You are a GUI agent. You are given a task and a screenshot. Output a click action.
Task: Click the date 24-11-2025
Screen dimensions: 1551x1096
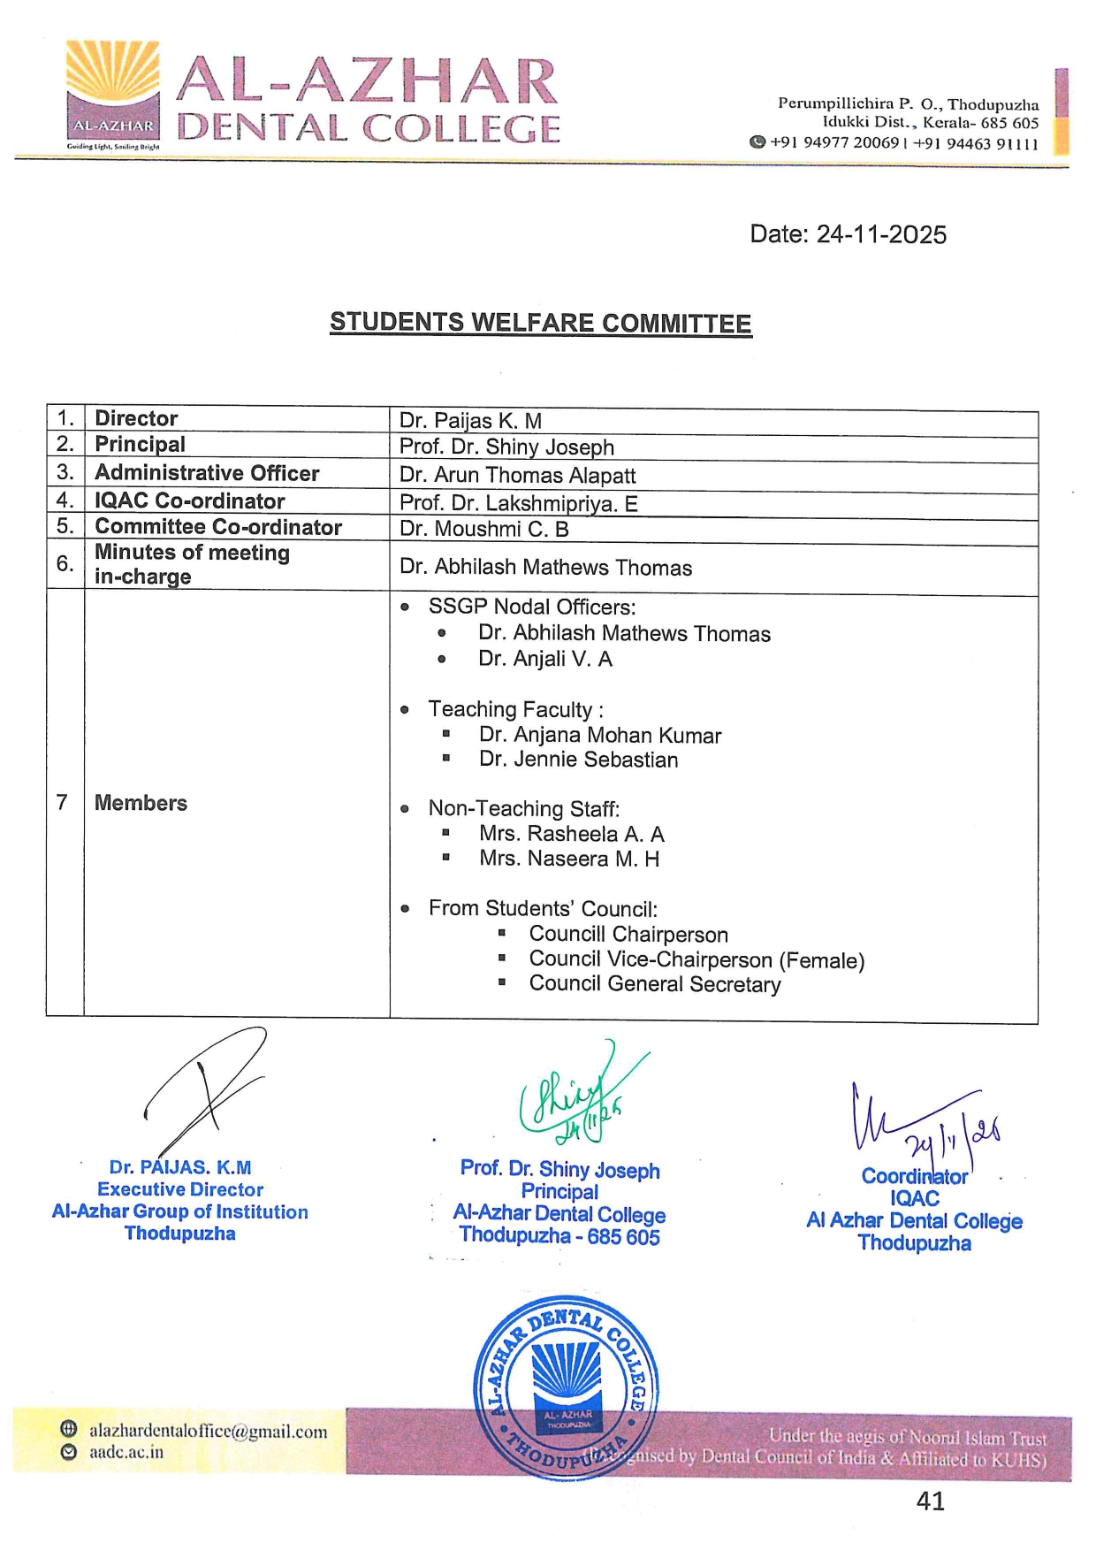click(848, 234)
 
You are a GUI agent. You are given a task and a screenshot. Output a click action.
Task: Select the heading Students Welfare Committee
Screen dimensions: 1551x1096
click(540, 323)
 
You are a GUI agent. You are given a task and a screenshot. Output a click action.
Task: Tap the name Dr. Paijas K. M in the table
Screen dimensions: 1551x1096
click(470, 421)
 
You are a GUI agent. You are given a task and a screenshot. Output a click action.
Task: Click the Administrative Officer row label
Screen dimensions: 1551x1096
click(207, 473)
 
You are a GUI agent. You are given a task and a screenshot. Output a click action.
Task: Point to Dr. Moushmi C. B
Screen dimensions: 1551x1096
click(483, 530)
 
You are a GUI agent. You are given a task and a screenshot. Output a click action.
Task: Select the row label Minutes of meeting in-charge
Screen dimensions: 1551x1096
click(192, 564)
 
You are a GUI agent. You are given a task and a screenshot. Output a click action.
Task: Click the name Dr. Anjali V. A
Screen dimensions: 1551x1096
click(544, 659)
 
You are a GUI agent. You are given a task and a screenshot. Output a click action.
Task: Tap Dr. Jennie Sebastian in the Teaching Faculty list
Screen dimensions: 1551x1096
click(578, 760)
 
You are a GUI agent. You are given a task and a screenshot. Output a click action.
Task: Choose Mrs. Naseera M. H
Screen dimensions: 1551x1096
click(568, 859)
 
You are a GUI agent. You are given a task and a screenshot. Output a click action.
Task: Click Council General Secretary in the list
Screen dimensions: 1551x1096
click(654, 984)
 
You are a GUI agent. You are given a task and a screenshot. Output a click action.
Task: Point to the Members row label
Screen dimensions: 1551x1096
click(141, 803)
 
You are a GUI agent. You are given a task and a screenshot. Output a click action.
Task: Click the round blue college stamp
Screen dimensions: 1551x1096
click(566, 1387)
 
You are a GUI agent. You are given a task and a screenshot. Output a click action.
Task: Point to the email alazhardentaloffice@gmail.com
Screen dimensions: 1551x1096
click(208, 1431)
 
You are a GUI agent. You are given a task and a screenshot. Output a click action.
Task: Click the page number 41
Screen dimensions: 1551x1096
click(931, 1501)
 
